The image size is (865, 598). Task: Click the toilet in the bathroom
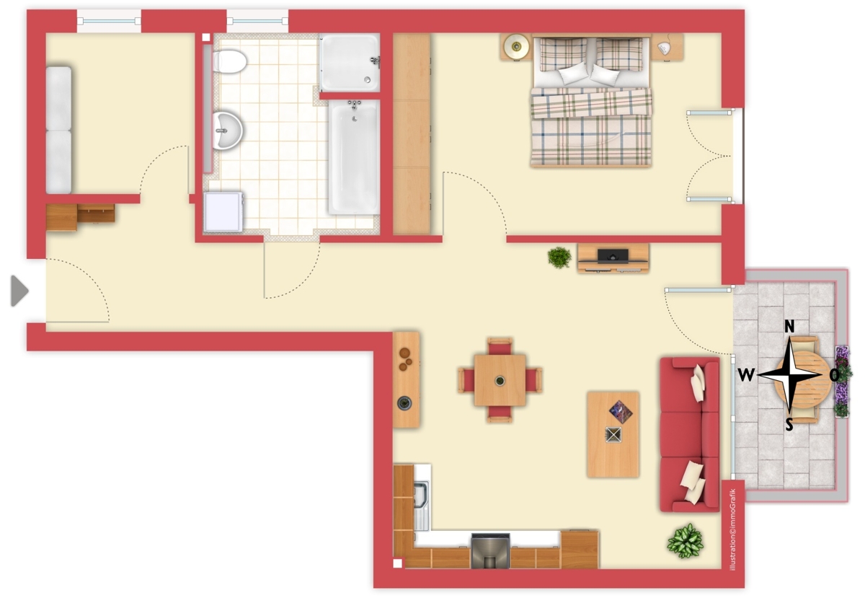click(230, 62)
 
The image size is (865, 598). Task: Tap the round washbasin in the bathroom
click(228, 131)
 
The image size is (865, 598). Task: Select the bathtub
click(354, 157)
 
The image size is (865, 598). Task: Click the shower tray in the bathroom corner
click(350, 63)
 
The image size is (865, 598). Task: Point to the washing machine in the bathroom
click(223, 212)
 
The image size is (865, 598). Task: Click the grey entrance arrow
click(19, 291)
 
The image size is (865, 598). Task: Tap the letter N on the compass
click(789, 327)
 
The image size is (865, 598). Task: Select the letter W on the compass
click(746, 374)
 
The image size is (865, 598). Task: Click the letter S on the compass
click(789, 425)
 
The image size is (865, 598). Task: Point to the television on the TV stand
click(613, 256)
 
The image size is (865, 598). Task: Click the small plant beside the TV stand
click(559, 258)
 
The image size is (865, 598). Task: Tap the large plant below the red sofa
click(685, 541)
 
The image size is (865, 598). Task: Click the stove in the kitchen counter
click(490, 551)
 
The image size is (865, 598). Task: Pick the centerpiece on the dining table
click(500, 381)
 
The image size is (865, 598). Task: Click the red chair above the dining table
click(500, 346)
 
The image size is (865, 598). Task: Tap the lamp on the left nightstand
click(516, 47)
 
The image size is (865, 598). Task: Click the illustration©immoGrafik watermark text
click(733, 529)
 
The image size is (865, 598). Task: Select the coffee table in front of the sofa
click(613, 435)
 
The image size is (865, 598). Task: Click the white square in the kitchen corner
click(398, 563)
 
